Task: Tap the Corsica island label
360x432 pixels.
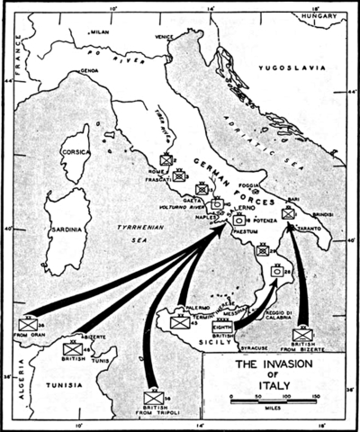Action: tap(76, 153)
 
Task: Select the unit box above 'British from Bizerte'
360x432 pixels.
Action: tap(302, 335)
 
